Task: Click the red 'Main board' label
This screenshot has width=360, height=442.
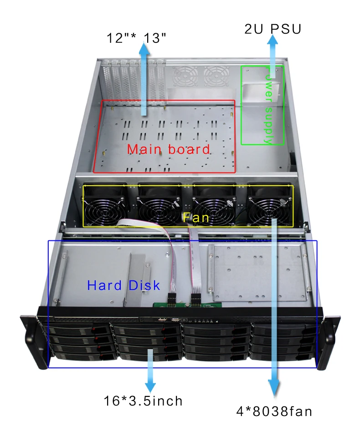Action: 168,149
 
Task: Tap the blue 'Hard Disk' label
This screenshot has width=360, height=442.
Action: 123,285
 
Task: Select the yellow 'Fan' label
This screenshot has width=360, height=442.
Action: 196,218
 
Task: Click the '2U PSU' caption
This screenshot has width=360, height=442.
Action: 273,29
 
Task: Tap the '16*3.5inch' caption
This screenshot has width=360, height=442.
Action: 143,401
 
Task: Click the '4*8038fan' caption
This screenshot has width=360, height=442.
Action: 274,412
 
